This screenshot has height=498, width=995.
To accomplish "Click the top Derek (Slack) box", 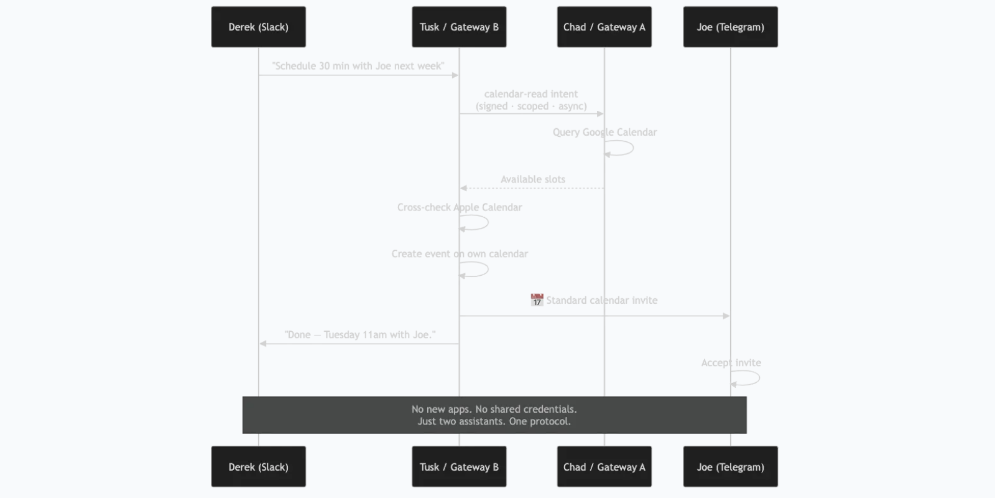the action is click(259, 27).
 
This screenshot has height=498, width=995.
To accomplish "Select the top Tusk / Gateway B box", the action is click(460, 27).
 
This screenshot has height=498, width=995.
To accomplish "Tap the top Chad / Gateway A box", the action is click(604, 27).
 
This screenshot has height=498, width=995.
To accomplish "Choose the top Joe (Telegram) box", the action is click(731, 27).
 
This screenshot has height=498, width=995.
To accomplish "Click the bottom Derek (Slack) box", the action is click(259, 466).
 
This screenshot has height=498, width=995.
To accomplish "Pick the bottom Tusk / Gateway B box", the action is click(460, 466).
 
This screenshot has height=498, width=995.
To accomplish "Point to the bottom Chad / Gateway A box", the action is click(604, 466).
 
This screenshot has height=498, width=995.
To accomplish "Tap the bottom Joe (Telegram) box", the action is click(731, 466).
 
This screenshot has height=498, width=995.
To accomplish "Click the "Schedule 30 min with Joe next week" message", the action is click(358, 66).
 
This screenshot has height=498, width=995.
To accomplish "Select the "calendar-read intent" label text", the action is click(531, 94).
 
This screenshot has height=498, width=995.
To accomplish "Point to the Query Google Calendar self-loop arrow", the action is click(633, 148).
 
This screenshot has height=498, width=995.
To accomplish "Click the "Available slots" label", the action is click(533, 179).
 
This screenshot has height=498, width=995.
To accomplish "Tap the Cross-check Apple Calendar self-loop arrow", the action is click(488, 222).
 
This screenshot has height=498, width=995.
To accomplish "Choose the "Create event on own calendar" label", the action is click(460, 254).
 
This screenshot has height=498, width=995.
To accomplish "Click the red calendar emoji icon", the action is click(537, 300).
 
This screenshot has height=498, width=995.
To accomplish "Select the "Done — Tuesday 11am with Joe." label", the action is click(360, 335).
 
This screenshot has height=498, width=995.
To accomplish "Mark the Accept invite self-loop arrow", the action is click(759, 378).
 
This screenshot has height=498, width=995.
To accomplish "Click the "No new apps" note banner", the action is click(494, 415).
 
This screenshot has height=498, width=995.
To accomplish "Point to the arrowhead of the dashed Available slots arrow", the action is click(463, 188).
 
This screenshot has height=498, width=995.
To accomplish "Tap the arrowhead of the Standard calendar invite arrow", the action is click(726, 316).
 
